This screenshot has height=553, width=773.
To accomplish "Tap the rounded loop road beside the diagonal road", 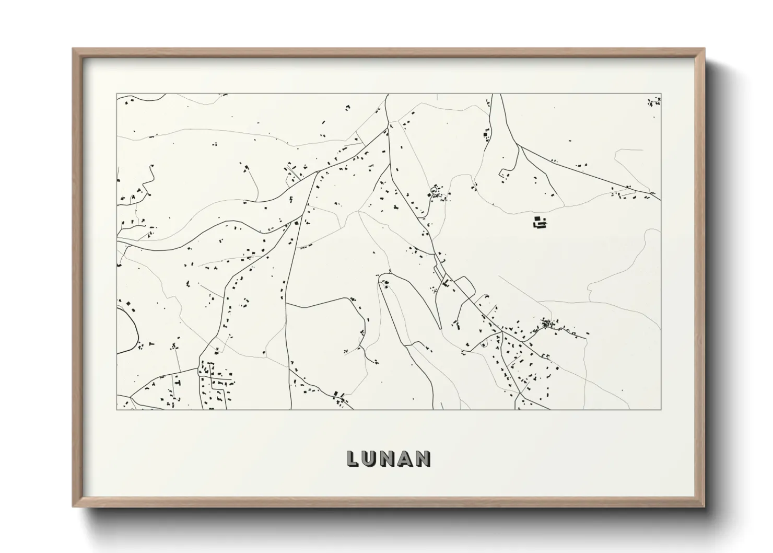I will coord(465,286).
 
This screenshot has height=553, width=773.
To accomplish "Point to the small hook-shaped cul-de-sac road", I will coord(505,174).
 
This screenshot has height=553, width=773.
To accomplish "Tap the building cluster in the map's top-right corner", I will coord(654,101).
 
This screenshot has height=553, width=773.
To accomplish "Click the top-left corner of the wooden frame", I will coord(73,49).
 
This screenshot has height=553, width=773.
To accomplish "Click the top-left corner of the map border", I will coord(117,94).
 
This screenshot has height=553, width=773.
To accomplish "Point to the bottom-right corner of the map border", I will coord(661,409).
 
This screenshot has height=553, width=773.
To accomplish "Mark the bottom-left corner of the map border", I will coord(117,409).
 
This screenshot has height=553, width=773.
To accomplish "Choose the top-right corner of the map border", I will coord(661,94).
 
